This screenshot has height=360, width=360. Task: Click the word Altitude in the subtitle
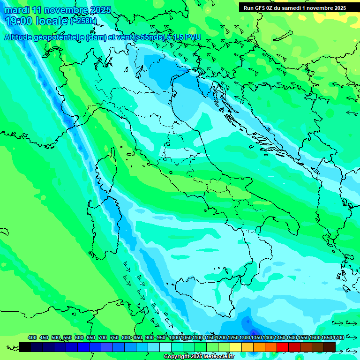tap(21, 37)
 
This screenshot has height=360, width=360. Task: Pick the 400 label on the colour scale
tap(32, 337)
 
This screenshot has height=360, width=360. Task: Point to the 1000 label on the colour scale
tap(174, 337)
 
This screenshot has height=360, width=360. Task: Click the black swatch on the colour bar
tap(25, 347)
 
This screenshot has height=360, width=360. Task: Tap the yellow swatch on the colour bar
tap(236, 347)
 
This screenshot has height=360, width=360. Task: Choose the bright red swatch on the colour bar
tap(283, 347)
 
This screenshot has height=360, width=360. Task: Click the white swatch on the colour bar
tap(165, 347)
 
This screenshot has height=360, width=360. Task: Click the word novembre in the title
tap(64, 10)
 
